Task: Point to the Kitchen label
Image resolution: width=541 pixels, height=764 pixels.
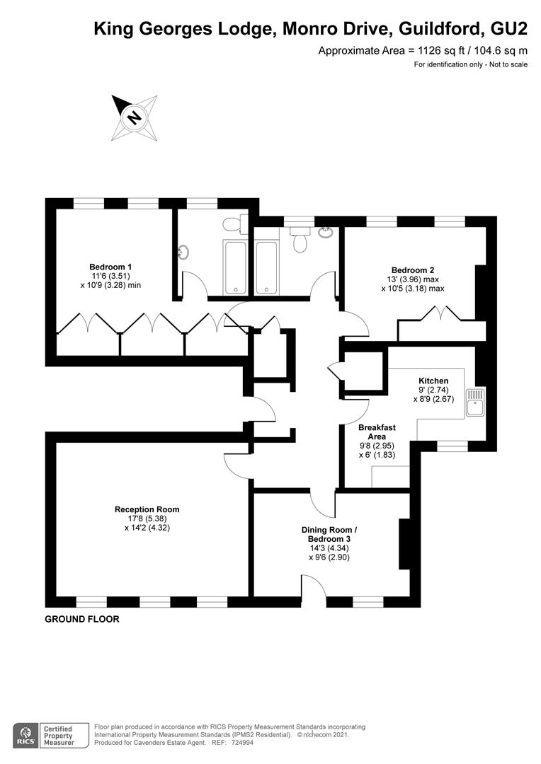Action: click(x=433, y=381)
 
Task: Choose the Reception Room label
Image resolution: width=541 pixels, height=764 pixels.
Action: click(x=147, y=509)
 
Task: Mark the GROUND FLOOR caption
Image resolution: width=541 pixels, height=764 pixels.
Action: click(x=82, y=619)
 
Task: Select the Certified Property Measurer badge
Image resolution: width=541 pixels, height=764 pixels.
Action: click(x=66, y=734)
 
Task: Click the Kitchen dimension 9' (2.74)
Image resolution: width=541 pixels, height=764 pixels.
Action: click(x=433, y=390)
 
